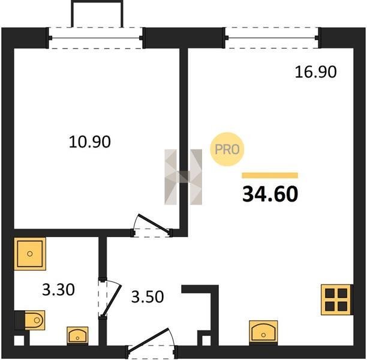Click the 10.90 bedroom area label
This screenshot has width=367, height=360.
[89, 142]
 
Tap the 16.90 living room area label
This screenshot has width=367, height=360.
[316, 71]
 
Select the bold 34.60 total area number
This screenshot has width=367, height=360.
[270, 194]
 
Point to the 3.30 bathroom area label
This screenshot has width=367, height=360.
[59, 289]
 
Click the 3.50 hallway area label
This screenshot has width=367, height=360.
[148, 296]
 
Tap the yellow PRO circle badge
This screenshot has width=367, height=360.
[227, 149]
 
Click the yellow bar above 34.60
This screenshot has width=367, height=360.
[270, 175]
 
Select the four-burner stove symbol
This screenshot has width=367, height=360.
[336, 299]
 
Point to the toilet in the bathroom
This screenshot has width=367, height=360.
[30, 320]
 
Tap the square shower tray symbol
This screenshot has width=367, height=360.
[30, 254]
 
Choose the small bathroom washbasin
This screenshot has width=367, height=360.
[77, 335]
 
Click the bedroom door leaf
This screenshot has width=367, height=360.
[154, 224]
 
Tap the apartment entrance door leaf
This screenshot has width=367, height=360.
[148, 340]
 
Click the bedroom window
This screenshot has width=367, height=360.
[95, 38]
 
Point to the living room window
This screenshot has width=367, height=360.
[272, 38]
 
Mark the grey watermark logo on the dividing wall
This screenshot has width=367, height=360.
[183, 177]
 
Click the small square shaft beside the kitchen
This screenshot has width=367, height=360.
[206, 340]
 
